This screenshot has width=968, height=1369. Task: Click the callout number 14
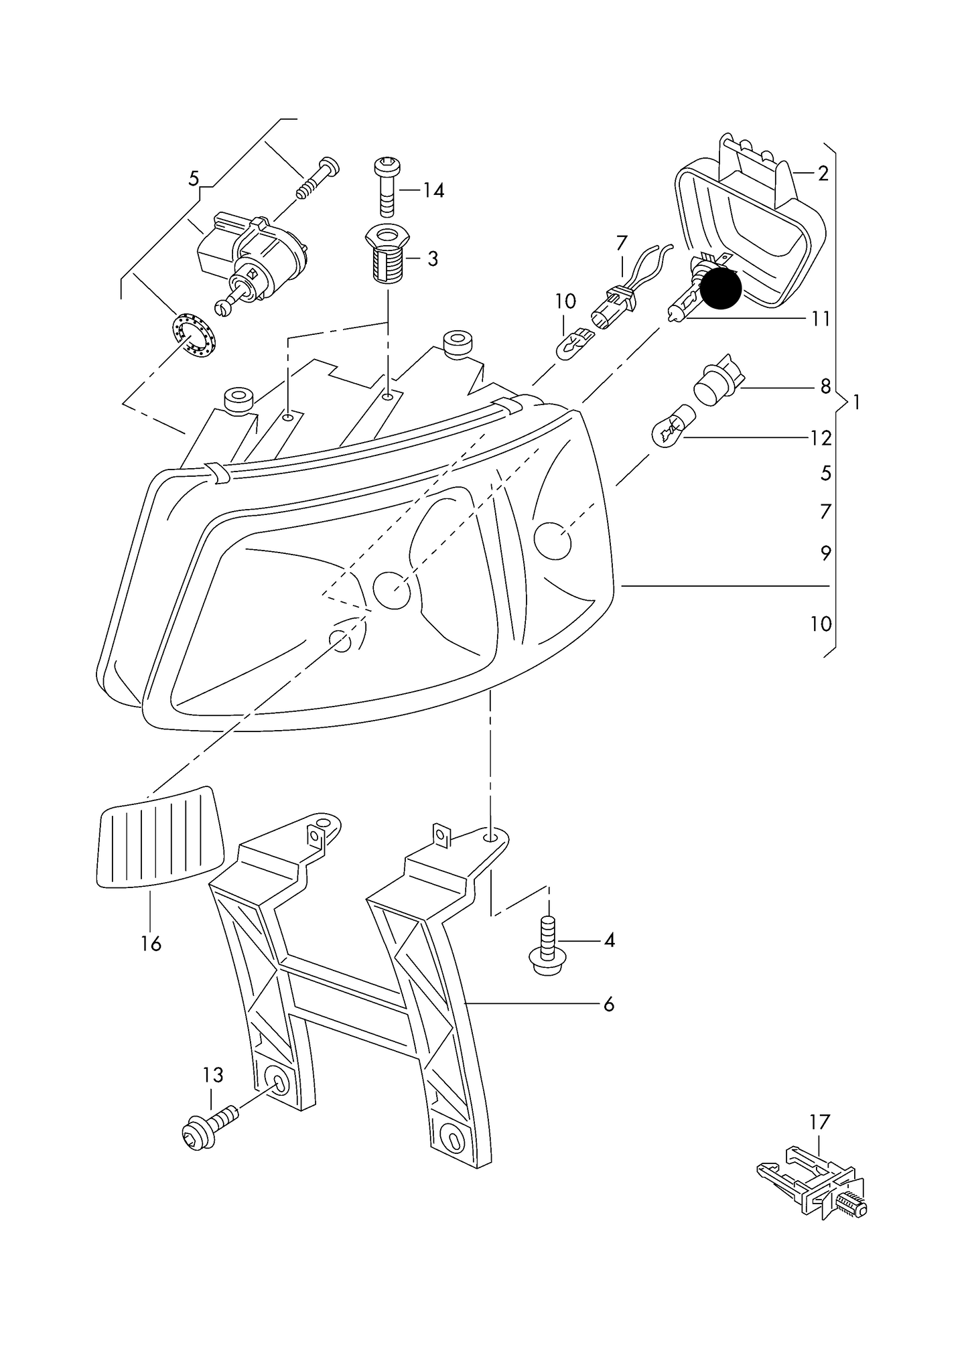(x=433, y=191)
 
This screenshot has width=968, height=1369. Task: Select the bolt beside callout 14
(x=387, y=186)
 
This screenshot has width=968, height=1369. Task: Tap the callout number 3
(x=433, y=259)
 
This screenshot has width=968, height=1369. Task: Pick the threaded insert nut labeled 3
(x=387, y=255)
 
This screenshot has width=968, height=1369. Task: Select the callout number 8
(x=825, y=386)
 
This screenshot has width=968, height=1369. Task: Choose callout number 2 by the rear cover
(x=823, y=173)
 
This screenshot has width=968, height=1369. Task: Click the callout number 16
(x=151, y=944)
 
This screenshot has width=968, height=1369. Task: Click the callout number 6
(x=608, y=1023)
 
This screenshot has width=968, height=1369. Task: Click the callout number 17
(x=819, y=1121)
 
